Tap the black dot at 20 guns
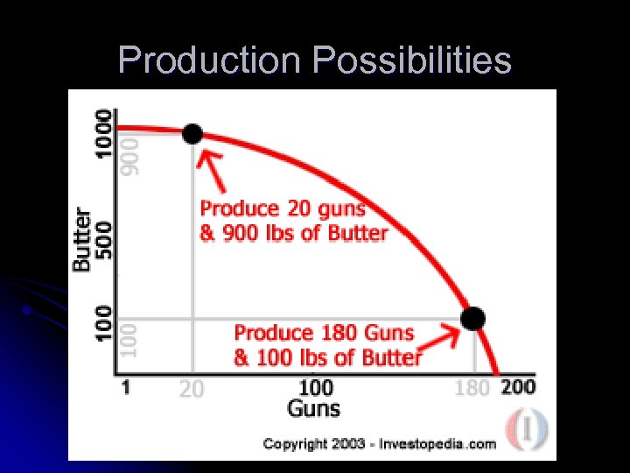pos(192,134)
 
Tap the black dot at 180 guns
pos(472,318)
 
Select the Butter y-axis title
pos(81,238)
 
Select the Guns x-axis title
pos(314,407)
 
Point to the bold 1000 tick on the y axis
pos(104,132)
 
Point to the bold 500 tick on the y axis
pos(104,236)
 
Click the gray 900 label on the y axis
pos(129,154)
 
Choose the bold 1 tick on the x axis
pos(127,386)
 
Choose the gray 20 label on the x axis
pos(192,388)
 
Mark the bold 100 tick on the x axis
pos(316,386)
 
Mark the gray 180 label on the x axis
pos(472,388)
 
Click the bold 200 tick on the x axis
pos(518,386)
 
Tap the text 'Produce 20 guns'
pos(283,209)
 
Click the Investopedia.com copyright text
pos(380,444)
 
